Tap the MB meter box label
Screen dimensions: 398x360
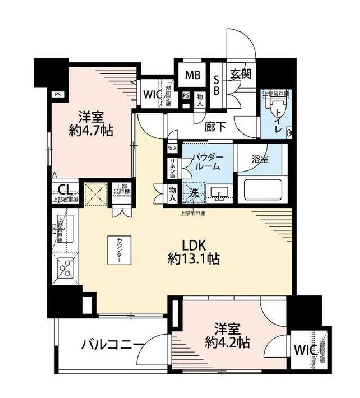(x=193, y=75)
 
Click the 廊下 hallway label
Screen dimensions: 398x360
(x=214, y=127)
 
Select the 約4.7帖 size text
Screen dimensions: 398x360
(x=90, y=131)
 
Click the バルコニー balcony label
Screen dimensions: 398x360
(x=110, y=345)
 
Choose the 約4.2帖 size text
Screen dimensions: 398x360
(x=227, y=344)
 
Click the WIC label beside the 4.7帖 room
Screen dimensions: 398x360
(x=152, y=95)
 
